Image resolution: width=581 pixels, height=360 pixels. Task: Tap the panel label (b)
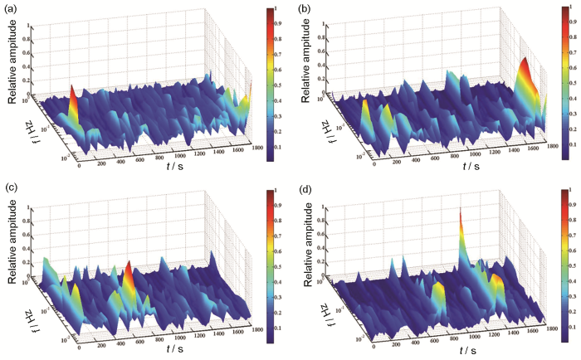click(304, 13)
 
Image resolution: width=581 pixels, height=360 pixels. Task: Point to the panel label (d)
click(304, 195)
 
